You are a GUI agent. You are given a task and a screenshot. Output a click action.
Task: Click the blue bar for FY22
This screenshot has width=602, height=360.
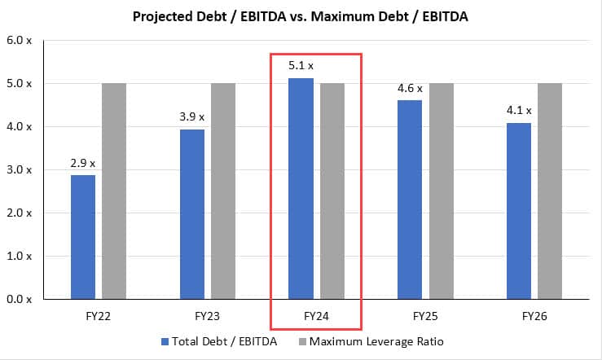pyautogui.click(x=83, y=237)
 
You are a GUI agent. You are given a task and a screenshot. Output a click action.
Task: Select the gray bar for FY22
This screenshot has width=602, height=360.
pyautogui.click(x=114, y=191)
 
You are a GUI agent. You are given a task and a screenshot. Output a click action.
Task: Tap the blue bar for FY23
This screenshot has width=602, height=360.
pyautogui.click(x=192, y=214)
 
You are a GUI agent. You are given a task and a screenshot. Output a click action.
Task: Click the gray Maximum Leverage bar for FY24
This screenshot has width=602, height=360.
pyautogui.click(x=332, y=191)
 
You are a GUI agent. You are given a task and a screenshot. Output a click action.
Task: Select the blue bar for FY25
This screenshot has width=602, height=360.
pyautogui.click(x=411, y=200)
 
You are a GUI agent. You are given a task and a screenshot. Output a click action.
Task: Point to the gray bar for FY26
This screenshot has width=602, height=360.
pyautogui.click(x=550, y=191)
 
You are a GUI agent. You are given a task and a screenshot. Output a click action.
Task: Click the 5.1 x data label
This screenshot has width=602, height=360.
pyautogui.click(x=301, y=64)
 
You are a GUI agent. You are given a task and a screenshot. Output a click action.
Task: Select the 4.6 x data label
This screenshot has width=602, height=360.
pyautogui.click(x=410, y=87)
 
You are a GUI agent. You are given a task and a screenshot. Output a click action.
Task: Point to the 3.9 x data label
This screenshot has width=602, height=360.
pyautogui.click(x=192, y=116)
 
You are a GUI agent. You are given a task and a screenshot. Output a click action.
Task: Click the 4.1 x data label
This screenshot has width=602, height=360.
pyautogui.click(x=518, y=110)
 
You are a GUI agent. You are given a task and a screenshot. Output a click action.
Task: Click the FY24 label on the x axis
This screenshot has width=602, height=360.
pyautogui.click(x=317, y=314)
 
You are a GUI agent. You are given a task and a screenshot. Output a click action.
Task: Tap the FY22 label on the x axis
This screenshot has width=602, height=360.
pyautogui.click(x=99, y=314)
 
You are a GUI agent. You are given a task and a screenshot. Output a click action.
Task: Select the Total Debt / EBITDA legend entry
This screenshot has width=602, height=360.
pyautogui.click(x=219, y=341)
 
